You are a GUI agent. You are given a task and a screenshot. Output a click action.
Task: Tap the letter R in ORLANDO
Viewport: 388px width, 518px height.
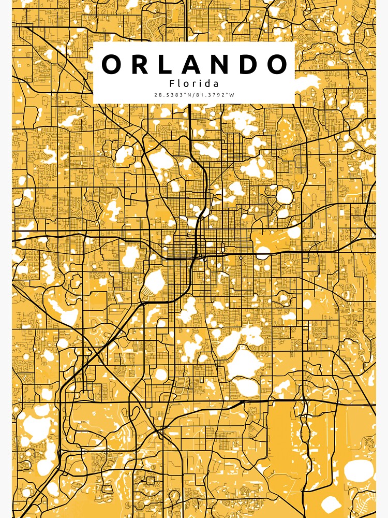point(140,64)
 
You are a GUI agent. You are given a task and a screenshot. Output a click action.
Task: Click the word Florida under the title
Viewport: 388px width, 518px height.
point(194,83)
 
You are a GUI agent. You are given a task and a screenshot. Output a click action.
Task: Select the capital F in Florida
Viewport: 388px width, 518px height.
point(172,83)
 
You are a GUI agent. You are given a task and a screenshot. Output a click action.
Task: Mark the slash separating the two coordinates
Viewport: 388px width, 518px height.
point(194,95)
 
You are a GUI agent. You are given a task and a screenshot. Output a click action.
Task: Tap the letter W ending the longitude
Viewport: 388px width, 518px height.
point(232,95)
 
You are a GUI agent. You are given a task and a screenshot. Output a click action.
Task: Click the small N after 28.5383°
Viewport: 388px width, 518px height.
point(190,95)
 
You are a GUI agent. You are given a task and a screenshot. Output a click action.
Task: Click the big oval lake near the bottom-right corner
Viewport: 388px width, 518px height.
point(358,470)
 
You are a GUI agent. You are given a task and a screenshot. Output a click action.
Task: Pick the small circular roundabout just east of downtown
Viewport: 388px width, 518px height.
point(240,257)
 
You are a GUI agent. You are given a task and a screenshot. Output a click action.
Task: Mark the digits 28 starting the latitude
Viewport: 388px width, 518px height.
point(156,95)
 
